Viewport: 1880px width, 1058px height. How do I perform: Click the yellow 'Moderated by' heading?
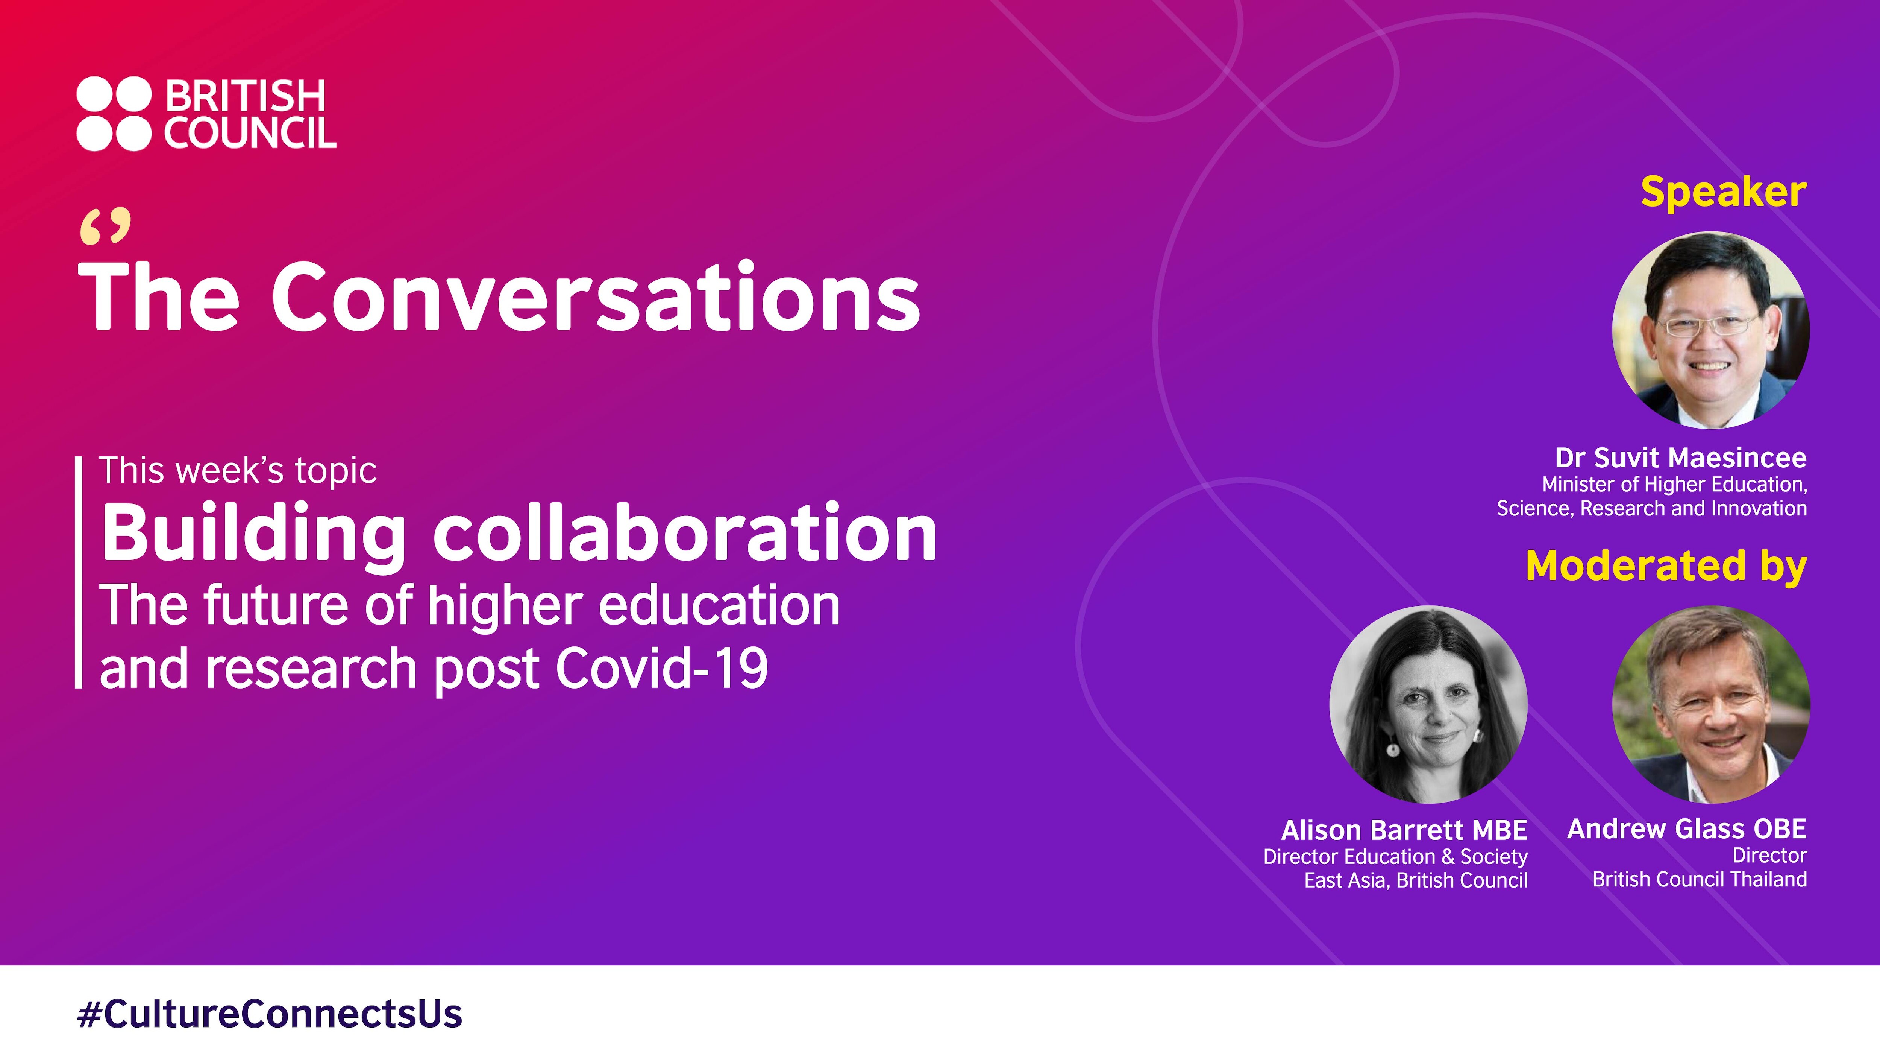[1666, 567]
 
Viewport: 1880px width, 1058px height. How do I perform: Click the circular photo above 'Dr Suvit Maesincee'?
[1710, 330]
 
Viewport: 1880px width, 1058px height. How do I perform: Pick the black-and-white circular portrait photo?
[1428, 705]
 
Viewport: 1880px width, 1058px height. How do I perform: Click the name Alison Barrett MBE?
[1404, 830]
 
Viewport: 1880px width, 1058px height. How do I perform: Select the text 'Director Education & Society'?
[1395, 856]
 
